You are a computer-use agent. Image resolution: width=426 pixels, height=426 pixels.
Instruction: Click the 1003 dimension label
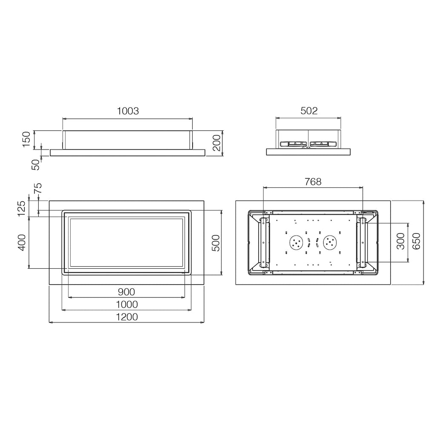tap(128, 111)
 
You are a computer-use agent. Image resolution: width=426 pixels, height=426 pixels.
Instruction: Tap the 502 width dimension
tap(309, 111)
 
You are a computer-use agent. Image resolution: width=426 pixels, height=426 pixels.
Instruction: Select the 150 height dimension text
tap(26, 139)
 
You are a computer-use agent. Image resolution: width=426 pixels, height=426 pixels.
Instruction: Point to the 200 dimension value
tap(216, 143)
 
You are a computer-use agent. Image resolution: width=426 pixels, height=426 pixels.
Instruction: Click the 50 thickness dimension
tap(35, 164)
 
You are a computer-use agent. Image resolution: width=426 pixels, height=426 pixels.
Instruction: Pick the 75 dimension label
tap(38, 188)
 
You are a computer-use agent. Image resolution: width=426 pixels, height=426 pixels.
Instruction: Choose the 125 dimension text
tap(21, 208)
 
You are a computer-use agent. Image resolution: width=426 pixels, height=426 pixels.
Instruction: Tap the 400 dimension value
tap(21, 243)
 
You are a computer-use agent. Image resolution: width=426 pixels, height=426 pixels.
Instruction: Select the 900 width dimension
tap(127, 292)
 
